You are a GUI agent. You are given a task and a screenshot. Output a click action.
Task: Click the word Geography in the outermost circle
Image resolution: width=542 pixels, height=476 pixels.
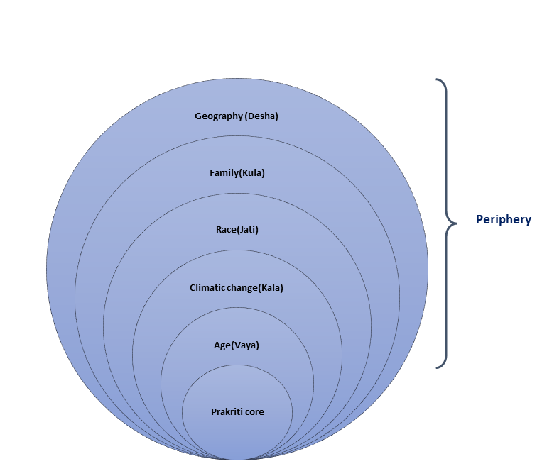pos(218,116)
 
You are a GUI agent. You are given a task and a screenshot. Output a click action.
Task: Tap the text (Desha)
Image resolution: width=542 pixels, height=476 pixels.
pos(261,116)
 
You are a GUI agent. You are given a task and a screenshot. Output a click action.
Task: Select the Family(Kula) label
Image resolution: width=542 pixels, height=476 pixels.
pos(237,172)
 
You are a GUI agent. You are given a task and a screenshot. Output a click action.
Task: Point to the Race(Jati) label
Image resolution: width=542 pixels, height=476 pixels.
pos(237,230)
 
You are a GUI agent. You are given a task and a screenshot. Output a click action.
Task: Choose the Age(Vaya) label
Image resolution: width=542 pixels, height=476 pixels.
pos(237,345)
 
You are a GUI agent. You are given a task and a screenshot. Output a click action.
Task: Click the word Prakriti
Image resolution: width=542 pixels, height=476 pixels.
pos(227,411)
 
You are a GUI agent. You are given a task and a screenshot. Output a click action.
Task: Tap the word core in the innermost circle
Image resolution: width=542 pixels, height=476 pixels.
pos(254,411)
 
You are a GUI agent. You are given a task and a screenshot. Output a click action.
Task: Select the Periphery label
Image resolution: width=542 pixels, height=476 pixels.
pos(503,220)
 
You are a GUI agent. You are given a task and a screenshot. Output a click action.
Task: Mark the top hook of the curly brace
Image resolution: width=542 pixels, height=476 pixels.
pos(438,80)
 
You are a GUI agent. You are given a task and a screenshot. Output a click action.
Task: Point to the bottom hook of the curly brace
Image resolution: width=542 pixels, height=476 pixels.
pos(438,367)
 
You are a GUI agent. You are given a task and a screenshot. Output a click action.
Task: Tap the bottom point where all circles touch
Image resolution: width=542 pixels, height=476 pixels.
pos(237,460)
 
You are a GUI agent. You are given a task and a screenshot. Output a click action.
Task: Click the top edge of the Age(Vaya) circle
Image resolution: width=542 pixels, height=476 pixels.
pos(237,308)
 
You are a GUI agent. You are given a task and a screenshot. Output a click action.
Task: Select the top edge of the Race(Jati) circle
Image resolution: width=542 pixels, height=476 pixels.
pos(237,193)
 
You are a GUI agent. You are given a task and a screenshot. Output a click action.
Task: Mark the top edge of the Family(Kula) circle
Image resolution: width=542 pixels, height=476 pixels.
pos(237,135)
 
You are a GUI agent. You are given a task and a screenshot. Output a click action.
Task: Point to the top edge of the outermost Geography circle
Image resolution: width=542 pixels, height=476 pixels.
pos(237,78)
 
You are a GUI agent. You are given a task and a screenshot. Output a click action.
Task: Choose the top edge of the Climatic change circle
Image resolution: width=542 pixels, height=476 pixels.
pos(237,250)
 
